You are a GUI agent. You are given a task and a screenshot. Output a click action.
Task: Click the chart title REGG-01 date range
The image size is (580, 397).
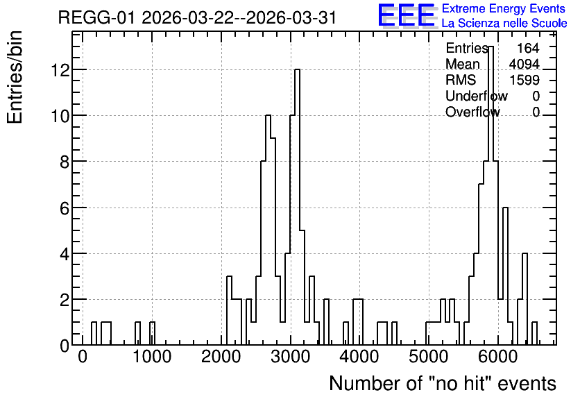(x=197, y=17)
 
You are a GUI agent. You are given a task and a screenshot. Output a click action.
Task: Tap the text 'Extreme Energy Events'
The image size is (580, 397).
(x=504, y=8)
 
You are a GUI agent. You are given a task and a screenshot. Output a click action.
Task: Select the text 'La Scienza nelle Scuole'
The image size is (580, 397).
(x=504, y=24)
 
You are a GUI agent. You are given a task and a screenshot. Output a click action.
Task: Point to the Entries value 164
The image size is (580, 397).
(x=528, y=48)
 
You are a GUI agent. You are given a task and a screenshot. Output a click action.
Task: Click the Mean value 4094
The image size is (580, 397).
(x=524, y=64)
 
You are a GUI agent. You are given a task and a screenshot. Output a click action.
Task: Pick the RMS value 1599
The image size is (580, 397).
(x=524, y=80)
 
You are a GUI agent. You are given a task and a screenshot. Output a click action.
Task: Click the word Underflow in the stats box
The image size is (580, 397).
(x=477, y=96)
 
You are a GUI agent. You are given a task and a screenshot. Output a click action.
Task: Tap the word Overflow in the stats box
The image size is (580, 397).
(x=472, y=112)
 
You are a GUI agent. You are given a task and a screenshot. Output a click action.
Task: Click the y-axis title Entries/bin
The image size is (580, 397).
(x=15, y=77)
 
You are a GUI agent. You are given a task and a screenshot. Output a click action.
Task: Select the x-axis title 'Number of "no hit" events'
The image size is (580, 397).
(x=443, y=383)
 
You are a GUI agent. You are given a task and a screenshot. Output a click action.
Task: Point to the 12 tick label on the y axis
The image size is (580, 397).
(x=60, y=70)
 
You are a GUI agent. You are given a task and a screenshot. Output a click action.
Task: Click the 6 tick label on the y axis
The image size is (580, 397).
(x=65, y=208)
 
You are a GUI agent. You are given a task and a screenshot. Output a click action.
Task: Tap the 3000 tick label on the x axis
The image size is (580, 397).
(x=291, y=357)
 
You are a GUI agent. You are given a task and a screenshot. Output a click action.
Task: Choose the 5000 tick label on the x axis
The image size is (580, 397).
(x=429, y=357)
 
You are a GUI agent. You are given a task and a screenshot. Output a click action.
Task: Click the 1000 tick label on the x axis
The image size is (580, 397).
(x=152, y=357)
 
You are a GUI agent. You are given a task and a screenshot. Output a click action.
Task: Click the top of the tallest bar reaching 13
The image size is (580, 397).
(x=491, y=47)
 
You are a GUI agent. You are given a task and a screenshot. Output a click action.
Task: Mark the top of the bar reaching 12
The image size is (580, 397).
(x=297, y=69)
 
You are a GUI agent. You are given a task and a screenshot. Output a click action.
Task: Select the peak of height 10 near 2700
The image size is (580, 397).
(x=268, y=115)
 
